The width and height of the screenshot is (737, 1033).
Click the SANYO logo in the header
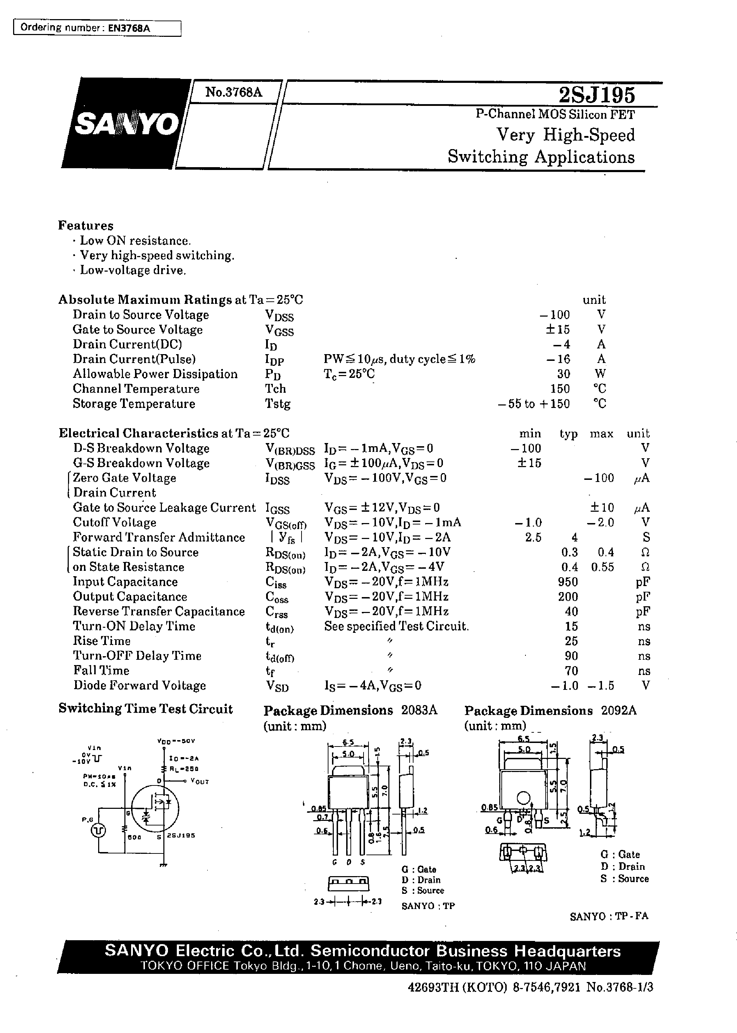pyautogui.click(x=126, y=123)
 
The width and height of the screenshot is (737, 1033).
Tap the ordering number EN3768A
pyautogui.click(x=129, y=28)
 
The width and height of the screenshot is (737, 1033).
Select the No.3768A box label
pyautogui.click(x=234, y=92)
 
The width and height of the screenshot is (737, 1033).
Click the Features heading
pyautogui.click(x=86, y=225)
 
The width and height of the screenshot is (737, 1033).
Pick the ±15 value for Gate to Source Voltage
pyautogui.click(x=557, y=329)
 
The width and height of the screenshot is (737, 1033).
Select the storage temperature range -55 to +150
pyautogui.click(x=534, y=404)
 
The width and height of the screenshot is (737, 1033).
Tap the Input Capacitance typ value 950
pyautogui.click(x=568, y=582)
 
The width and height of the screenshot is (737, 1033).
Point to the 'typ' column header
pyautogui.click(x=568, y=433)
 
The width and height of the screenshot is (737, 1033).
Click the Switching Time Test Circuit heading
pyautogui.click(x=145, y=709)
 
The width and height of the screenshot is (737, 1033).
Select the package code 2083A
pyautogui.click(x=419, y=710)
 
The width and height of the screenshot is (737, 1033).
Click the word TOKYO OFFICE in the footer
pyautogui.click(x=184, y=966)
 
